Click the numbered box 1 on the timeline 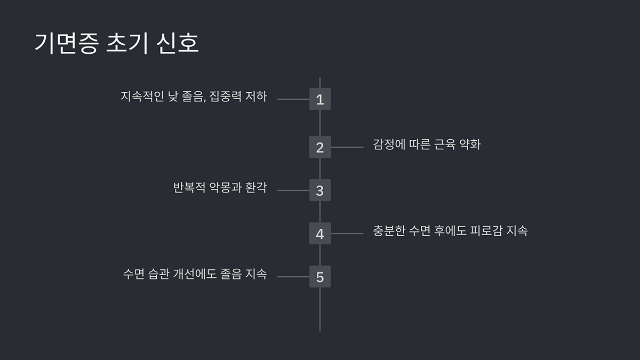tap(320, 99)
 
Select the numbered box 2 tap(320, 147)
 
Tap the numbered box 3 tap(320, 190)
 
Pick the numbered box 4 tap(320, 234)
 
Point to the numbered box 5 tap(320, 277)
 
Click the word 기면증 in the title tap(66, 43)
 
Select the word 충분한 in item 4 tap(389, 231)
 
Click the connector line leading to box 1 tap(293, 99)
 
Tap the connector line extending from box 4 tap(347, 234)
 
